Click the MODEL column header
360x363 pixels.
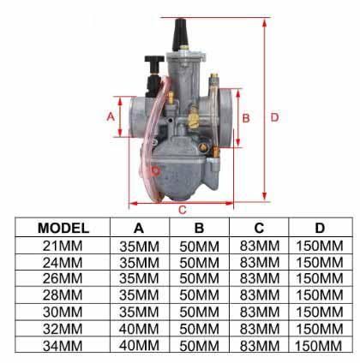[64, 229]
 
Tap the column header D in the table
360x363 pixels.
[320, 229]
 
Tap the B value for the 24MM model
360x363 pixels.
[199, 262]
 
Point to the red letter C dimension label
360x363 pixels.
[183, 209]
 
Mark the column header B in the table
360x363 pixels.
[199, 229]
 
